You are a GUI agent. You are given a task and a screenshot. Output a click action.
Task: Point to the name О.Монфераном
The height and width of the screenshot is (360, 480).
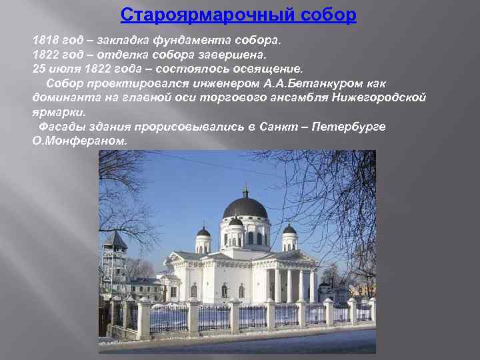(x=79, y=141)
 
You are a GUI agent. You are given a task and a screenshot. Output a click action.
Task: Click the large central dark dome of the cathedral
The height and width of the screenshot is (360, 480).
(x=245, y=208)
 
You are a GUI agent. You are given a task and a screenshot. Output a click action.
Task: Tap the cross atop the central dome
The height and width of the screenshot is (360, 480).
(x=245, y=191)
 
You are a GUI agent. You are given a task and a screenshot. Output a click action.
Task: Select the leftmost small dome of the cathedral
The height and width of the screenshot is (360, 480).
(x=203, y=232)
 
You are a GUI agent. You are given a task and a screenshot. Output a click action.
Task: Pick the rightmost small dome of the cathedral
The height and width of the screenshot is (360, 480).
(x=289, y=230)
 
